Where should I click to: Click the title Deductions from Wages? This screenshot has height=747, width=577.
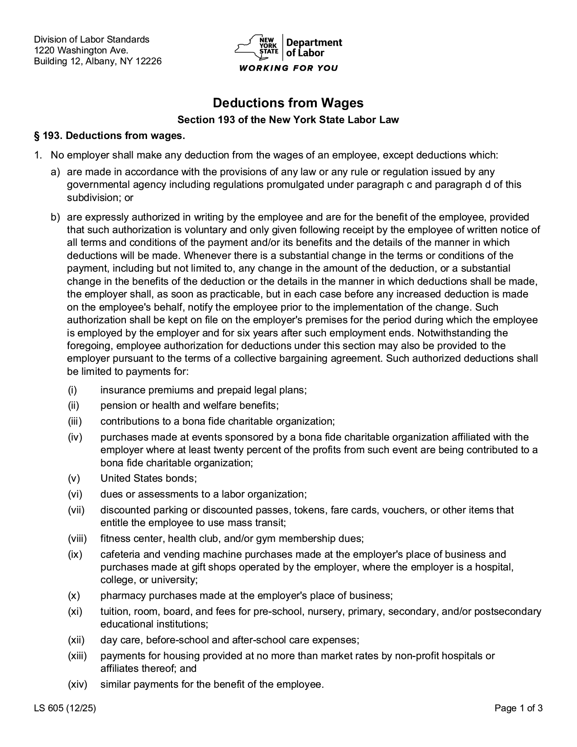point(288,103)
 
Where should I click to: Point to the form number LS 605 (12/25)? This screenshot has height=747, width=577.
point(65,709)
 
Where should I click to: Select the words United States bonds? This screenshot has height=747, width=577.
point(148,479)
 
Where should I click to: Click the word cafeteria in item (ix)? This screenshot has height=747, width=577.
point(120,555)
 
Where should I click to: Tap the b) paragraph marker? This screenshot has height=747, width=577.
point(55,217)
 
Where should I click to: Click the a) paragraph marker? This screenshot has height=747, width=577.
point(55,172)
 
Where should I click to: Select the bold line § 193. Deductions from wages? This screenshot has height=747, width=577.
point(110,136)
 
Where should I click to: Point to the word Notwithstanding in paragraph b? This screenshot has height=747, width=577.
point(463,333)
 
